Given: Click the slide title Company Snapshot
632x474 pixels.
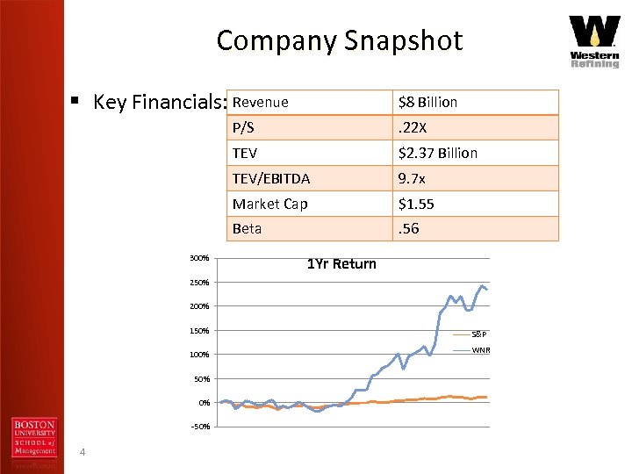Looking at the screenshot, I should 339,40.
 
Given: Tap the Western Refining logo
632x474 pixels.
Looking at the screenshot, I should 594,41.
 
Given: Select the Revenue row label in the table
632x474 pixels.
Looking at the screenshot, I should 261,102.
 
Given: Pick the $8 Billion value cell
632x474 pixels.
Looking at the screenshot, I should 427,102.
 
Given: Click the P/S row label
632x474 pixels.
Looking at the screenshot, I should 244,127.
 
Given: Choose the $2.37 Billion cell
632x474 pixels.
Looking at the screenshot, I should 438,153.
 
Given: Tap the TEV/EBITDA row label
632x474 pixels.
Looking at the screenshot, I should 271,178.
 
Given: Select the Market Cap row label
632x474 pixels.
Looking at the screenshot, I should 270,204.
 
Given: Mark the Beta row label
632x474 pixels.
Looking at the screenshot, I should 248,228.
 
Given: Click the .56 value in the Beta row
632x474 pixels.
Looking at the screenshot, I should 408,228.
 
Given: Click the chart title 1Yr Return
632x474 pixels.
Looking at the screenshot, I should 341,264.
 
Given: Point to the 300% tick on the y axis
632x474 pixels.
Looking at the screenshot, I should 198,258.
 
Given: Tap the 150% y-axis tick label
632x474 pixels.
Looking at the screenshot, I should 198,331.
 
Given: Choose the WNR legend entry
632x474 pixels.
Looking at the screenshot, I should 481,350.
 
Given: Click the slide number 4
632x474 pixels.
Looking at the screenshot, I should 82,452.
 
